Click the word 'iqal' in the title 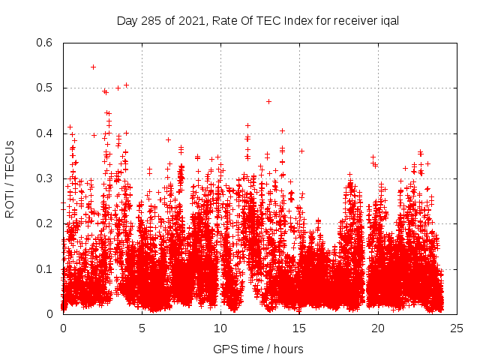pyautogui.click(x=387, y=20)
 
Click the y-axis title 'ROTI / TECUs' pyautogui.click(x=10, y=178)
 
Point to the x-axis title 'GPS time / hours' pyautogui.click(x=258, y=349)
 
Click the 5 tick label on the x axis pyautogui.click(x=142, y=328)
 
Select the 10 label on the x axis pyautogui.click(x=220, y=328)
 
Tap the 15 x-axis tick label pyautogui.click(x=299, y=328)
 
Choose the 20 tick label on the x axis pyautogui.click(x=378, y=328)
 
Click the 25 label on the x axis pyautogui.click(x=457, y=328)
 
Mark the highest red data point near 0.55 pyautogui.click(x=93, y=67)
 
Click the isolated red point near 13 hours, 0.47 pyautogui.click(x=268, y=101)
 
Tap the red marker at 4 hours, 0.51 pyautogui.click(x=126, y=85)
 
